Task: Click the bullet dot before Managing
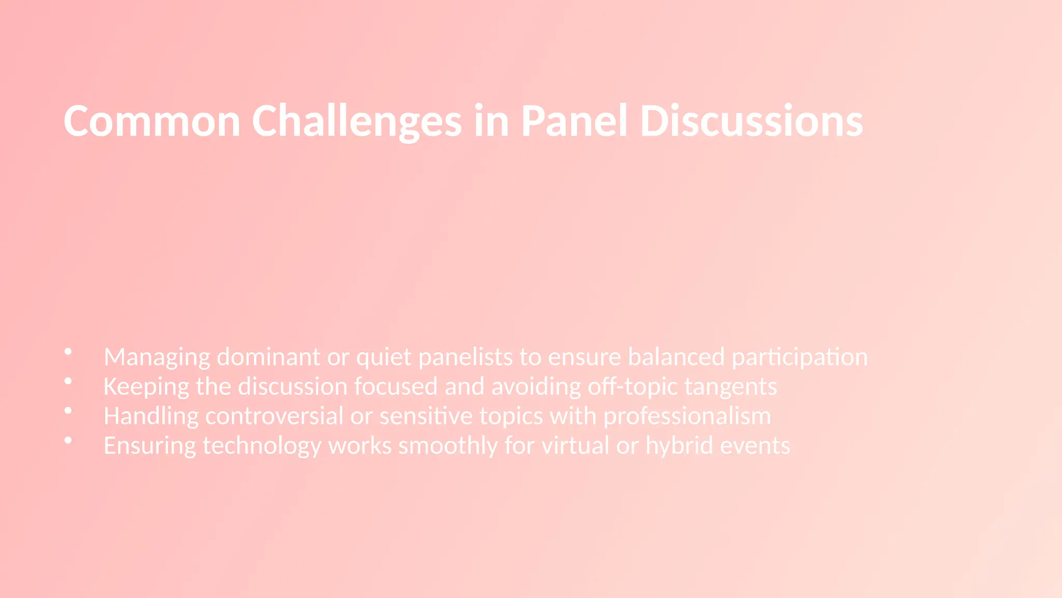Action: click(68, 352)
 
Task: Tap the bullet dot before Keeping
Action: click(68, 382)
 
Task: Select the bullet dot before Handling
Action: click(68, 411)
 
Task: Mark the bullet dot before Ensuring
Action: click(68, 441)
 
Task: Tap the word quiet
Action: click(384, 357)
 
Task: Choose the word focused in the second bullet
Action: click(396, 387)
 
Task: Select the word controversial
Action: click(274, 416)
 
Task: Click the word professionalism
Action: click(687, 416)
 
